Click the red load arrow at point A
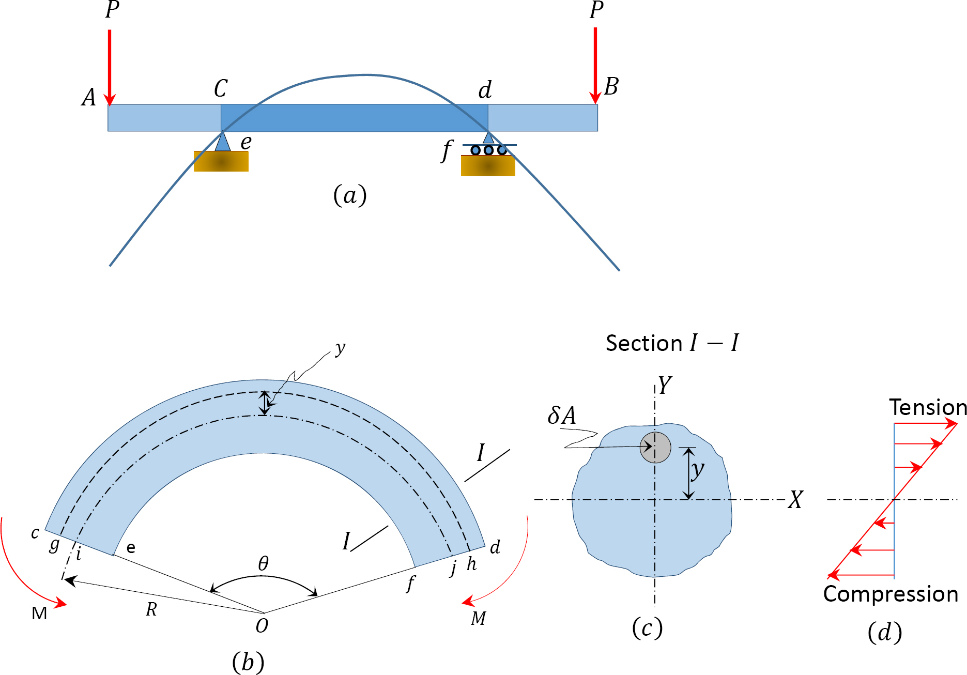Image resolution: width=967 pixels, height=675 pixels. (x=110, y=67)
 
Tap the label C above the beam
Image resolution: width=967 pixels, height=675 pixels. (x=221, y=89)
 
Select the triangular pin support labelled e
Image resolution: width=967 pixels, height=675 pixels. (x=222, y=142)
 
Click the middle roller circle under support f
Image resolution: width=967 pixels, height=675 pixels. (x=488, y=150)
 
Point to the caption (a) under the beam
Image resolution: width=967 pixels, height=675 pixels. (x=350, y=196)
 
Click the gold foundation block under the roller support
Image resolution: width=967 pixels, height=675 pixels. (x=488, y=166)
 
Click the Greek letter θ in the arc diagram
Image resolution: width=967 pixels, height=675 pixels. (x=263, y=563)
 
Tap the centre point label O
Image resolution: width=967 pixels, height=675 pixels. (x=262, y=626)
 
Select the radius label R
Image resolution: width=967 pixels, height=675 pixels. (x=151, y=610)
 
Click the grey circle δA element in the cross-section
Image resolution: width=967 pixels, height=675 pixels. (x=655, y=448)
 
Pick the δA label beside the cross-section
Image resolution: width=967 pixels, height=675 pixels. (x=562, y=416)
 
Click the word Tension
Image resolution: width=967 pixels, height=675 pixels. (x=928, y=408)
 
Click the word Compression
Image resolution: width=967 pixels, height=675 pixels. (x=891, y=594)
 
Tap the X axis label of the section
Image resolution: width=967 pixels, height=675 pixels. (x=795, y=500)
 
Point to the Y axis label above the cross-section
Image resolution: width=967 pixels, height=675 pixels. (x=665, y=386)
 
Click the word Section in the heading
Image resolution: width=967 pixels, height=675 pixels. (x=644, y=344)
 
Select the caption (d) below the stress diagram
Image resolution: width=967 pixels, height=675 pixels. (x=885, y=633)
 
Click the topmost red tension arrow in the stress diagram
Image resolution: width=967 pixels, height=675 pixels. (x=925, y=424)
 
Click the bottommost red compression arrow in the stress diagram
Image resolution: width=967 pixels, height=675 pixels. (x=861, y=575)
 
